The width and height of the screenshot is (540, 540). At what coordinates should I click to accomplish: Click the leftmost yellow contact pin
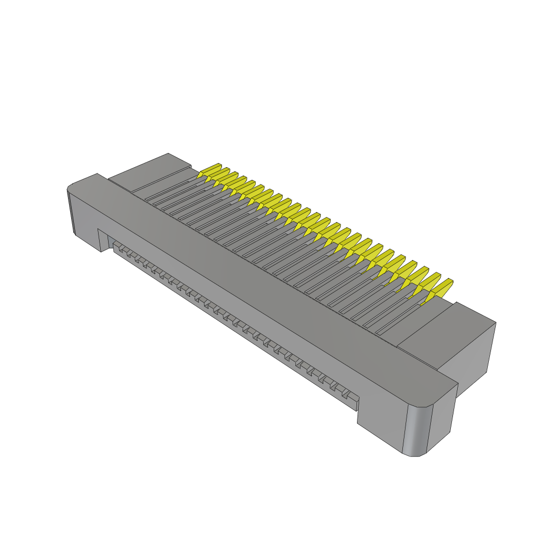pyautogui.click(x=210, y=170)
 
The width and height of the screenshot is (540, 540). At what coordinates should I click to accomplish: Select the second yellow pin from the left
pyautogui.click(x=219, y=174)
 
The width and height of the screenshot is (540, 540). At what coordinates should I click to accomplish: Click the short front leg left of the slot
pyautogui.click(x=103, y=240)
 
